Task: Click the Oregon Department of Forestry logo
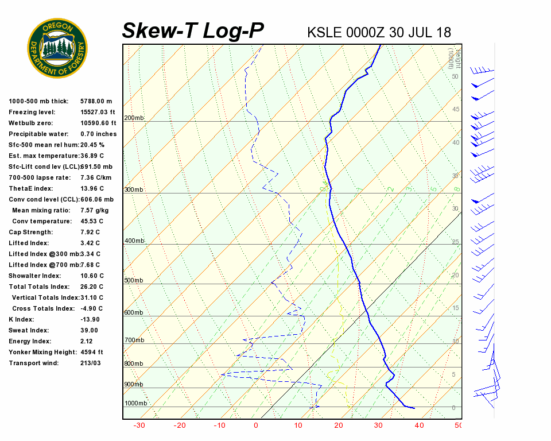click(x=57, y=48)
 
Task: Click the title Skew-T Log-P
click(x=193, y=31)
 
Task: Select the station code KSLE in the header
click(x=325, y=32)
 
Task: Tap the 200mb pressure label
click(x=134, y=118)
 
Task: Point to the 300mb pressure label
click(x=134, y=190)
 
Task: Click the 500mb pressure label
click(x=134, y=281)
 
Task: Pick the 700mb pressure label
click(x=134, y=341)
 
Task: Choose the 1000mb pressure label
click(x=135, y=404)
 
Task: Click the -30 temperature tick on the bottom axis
click(x=139, y=425)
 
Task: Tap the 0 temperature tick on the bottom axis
click(x=256, y=425)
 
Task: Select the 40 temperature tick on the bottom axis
click(x=419, y=425)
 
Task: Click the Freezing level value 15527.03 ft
click(x=98, y=113)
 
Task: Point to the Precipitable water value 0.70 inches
click(x=98, y=134)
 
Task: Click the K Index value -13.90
click(x=90, y=320)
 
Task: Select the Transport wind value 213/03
click(x=91, y=363)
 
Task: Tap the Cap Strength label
click(x=30, y=233)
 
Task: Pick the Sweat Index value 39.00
click(x=89, y=331)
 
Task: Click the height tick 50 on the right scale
click(x=455, y=76)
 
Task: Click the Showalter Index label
click(x=35, y=276)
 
